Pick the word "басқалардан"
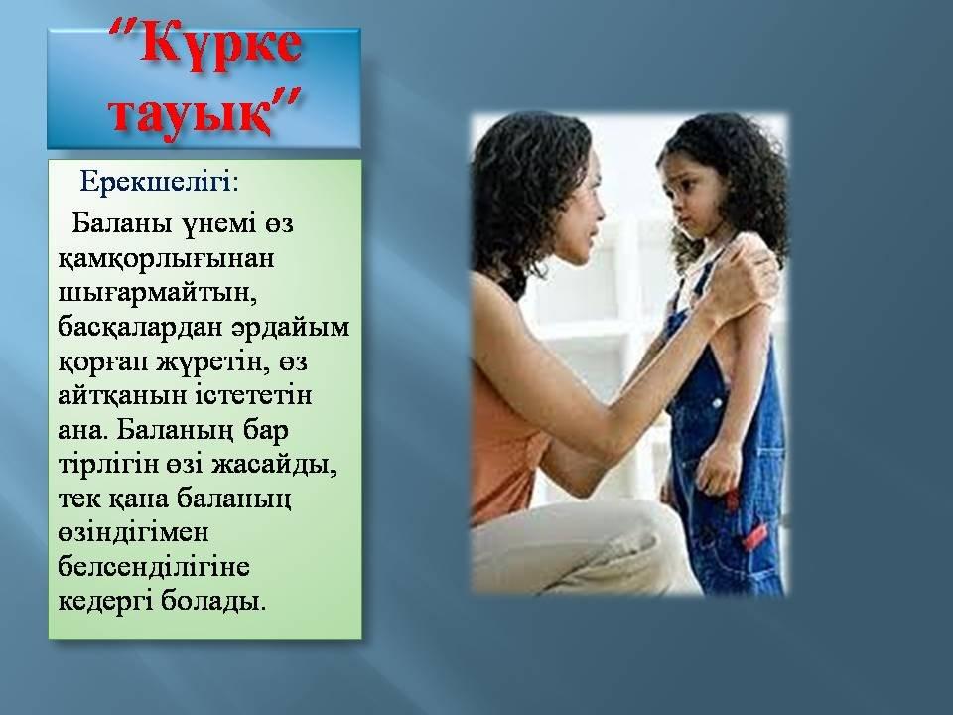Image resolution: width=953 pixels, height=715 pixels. tap(140, 328)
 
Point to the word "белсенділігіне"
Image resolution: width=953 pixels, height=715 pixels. tap(154, 568)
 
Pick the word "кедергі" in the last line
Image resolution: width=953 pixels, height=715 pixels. tap(105, 603)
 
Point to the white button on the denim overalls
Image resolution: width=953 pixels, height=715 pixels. tap(717, 403)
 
